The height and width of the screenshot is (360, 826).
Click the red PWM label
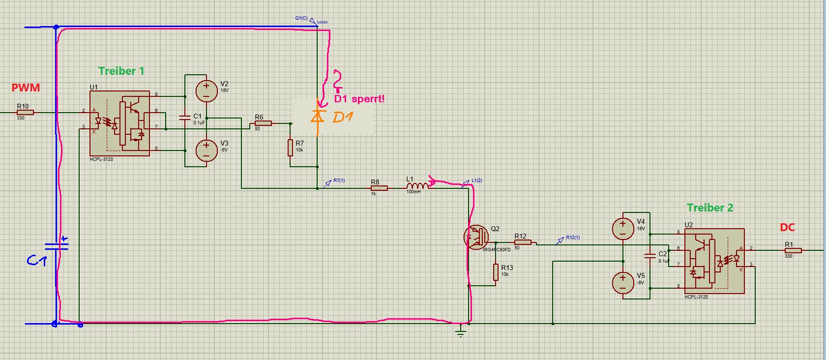26,88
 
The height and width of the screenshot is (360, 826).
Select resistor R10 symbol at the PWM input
25,113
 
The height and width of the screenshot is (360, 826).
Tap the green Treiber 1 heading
121,71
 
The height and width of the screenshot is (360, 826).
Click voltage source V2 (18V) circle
206,91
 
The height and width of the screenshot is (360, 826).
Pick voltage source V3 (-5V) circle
206,150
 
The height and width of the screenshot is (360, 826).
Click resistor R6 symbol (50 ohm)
263,123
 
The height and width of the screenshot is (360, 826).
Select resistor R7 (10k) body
291,148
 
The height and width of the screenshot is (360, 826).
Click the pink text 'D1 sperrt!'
359,99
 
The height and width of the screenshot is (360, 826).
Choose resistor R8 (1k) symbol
379,188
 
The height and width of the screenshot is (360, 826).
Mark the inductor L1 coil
417,186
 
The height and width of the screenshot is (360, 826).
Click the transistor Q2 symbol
476,237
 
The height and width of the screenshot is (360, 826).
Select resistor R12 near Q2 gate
523,242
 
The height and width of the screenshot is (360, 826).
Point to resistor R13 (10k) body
496,272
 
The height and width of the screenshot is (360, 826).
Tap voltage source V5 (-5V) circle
622,283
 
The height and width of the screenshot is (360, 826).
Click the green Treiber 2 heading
709,208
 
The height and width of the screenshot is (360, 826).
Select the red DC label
787,228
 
